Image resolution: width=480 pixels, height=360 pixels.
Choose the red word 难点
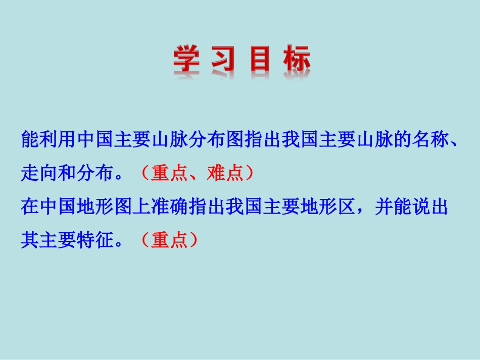pyautogui.click(x=225, y=173)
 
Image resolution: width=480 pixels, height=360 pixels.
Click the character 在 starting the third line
pyautogui.click(x=30, y=207)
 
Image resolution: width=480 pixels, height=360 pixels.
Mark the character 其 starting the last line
pyautogui.click(x=30, y=241)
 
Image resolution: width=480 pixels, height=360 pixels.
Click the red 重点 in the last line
pyautogui.click(x=170, y=241)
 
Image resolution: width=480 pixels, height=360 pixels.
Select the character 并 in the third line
pyautogui.click(x=383, y=207)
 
